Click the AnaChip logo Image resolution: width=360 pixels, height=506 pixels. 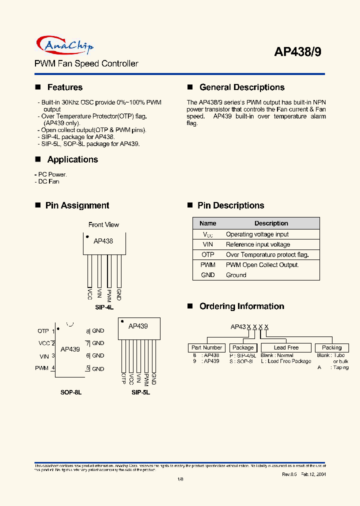(x=65, y=46)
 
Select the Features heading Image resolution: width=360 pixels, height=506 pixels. (x=64, y=87)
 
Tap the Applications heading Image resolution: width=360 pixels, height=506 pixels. (x=72, y=159)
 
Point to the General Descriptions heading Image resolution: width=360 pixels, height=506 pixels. (x=241, y=87)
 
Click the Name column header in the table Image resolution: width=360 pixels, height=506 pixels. (x=208, y=223)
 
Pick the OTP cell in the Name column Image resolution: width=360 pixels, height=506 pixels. (x=208, y=254)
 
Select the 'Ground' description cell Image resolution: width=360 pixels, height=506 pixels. (x=236, y=275)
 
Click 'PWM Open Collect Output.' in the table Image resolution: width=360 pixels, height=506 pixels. (x=262, y=265)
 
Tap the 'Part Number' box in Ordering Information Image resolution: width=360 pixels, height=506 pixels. (x=206, y=347)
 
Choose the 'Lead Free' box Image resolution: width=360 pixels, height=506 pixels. (x=286, y=347)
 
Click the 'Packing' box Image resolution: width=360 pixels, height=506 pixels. (x=331, y=347)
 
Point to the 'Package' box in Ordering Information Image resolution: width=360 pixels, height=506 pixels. (x=243, y=347)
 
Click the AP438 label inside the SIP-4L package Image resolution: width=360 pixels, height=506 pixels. (x=103, y=241)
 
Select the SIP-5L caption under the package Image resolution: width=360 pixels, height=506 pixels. (x=140, y=392)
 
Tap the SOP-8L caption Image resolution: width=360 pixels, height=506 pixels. (x=71, y=392)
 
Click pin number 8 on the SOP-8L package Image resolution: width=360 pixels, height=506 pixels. (x=87, y=331)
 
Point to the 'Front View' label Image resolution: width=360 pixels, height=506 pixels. (x=103, y=225)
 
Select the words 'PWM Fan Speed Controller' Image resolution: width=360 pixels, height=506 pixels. (x=86, y=64)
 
